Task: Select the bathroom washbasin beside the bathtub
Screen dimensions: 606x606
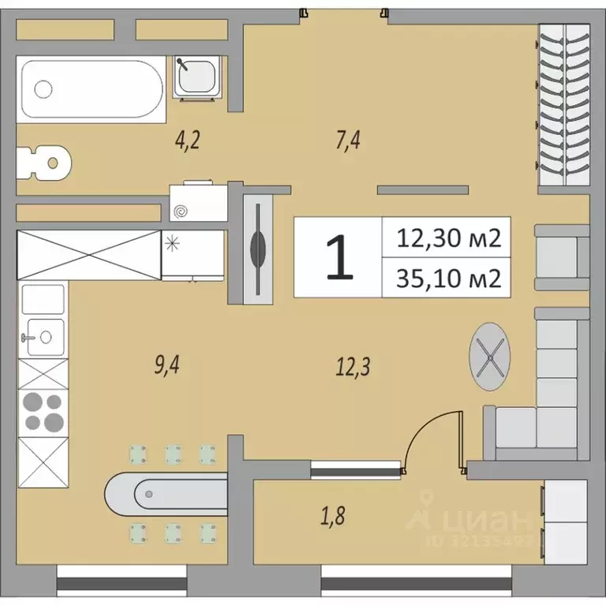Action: coord(196,77)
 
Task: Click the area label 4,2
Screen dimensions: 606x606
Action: coord(188,141)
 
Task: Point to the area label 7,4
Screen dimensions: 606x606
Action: coord(347,141)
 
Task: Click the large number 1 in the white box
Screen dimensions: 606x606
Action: coord(339,257)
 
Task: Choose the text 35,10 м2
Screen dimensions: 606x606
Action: coord(449,278)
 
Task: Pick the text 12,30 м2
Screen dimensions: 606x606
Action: coord(449,238)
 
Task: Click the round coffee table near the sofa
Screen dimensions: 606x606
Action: coord(490,359)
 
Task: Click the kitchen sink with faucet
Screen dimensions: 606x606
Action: coord(43,337)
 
